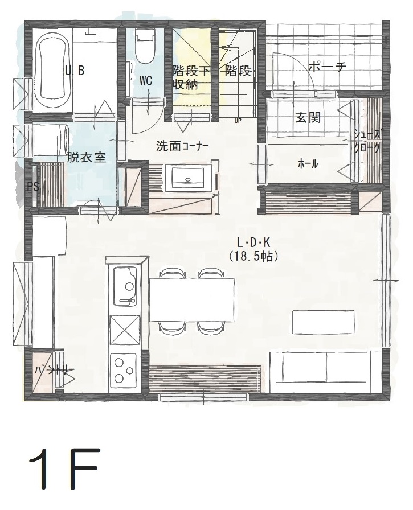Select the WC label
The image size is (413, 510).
click(146, 81)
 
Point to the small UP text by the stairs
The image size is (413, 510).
click(238, 120)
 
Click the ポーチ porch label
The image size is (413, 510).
click(327, 67)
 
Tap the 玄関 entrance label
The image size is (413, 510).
click(308, 118)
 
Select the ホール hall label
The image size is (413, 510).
click(308, 164)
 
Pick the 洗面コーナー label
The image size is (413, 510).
click(182, 146)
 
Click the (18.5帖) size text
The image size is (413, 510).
click(253, 257)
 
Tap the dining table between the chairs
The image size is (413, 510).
click(193, 300)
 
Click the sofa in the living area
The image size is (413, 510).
click(325, 372)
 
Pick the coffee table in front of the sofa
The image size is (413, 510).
click(324, 322)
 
